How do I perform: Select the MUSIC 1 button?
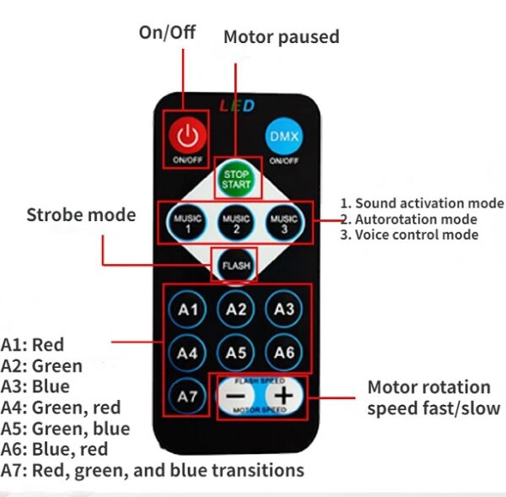click(188, 224)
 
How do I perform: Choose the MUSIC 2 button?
click(236, 224)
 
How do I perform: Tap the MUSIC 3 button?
click(283, 224)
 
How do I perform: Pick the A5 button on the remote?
click(236, 352)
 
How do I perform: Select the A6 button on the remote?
click(284, 352)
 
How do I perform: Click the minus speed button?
click(238, 395)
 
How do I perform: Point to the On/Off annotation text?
click(167, 32)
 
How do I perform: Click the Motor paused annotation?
click(281, 37)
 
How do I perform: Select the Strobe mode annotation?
click(81, 214)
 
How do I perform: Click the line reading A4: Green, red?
click(61, 408)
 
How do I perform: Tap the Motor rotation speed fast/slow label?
click(433, 397)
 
